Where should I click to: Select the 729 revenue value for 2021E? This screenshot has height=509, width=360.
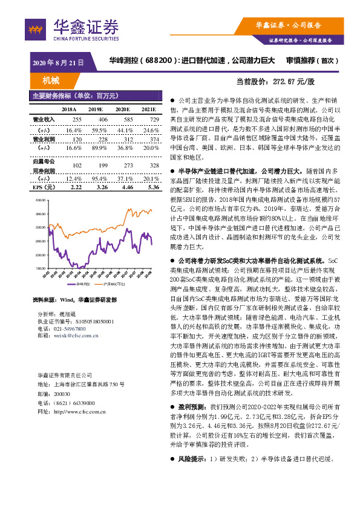click(154, 120)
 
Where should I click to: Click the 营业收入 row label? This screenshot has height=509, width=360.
click(43, 120)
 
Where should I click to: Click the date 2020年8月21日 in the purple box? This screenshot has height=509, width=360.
click(57, 62)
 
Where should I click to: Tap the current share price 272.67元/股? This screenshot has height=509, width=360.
click(293, 80)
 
